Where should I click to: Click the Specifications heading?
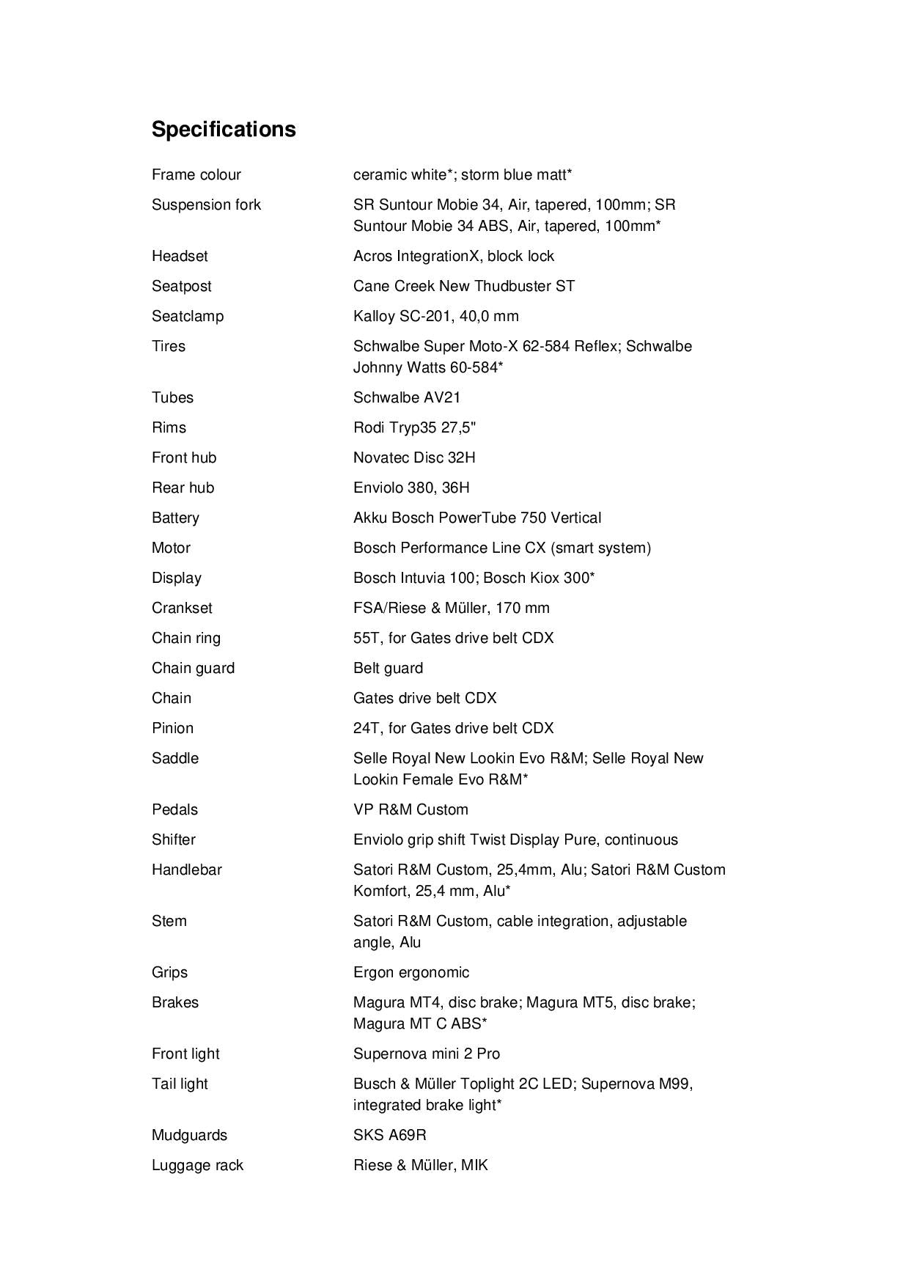pos(224,129)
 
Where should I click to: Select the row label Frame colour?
pos(196,174)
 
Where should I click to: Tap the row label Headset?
pos(180,256)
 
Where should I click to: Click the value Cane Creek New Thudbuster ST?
pos(463,286)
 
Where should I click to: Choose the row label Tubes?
pos(172,397)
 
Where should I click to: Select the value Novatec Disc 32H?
pos(413,458)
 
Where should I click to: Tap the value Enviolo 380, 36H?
pos(411,488)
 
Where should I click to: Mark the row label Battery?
pos(175,518)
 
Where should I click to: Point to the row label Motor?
pos(171,548)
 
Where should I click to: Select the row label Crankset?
pos(182,608)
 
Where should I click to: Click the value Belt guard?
pos(388,668)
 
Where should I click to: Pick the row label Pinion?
pos(172,728)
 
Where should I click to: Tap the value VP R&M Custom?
pos(411,809)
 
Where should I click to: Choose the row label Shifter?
pos(174,839)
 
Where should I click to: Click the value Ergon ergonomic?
pos(411,972)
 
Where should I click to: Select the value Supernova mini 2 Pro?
pos(426,1054)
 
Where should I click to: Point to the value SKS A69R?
pos(389,1135)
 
